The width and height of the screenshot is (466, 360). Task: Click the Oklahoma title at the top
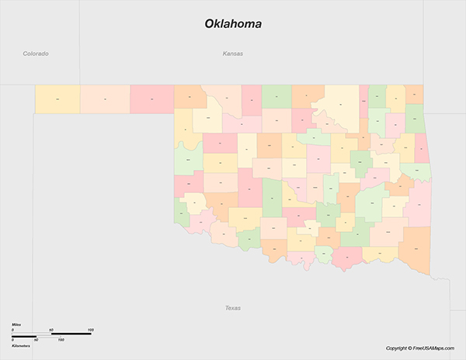(233, 24)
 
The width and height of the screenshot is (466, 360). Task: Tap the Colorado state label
(36, 54)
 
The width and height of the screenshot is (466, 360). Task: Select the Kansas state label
(232, 54)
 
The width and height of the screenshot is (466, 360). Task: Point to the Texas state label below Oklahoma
(232, 308)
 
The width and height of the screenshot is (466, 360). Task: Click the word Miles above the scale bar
(16, 323)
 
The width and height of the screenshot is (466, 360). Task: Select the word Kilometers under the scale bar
(21, 345)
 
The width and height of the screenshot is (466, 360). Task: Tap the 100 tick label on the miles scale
(90, 331)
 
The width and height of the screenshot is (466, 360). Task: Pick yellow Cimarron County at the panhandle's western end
(57, 99)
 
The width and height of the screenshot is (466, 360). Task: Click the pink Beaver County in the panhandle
(151, 99)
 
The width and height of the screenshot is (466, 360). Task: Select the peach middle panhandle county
(104, 99)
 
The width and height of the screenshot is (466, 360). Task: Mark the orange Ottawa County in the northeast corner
(415, 95)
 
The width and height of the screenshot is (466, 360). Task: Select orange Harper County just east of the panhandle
(189, 97)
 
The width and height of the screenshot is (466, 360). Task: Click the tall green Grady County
(273, 198)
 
